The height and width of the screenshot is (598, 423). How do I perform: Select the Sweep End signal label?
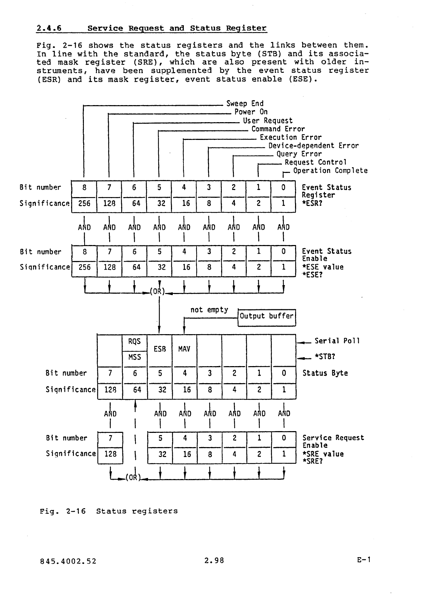(x=245, y=104)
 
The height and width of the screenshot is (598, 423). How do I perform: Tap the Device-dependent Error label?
(x=313, y=146)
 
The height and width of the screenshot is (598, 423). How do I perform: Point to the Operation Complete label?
(x=330, y=171)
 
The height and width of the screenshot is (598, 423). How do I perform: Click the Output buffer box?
(x=267, y=316)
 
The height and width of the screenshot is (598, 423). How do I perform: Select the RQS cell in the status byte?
(x=134, y=342)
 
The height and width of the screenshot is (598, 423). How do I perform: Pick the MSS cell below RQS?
(x=134, y=357)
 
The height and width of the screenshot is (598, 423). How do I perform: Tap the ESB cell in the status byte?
(x=160, y=349)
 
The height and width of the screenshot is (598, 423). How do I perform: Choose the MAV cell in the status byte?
(x=184, y=349)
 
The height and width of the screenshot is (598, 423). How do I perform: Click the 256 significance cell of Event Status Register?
(x=85, y=203)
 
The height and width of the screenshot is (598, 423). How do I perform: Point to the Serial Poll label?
(x=337, y=341)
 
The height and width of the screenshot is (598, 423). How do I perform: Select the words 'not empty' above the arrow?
(x=209, y=310)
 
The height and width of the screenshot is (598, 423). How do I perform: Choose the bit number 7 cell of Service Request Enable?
(x=110, y=439)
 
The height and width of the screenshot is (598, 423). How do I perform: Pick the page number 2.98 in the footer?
(x=214, y=560)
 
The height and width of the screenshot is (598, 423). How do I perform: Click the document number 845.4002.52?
(x=68, y=561)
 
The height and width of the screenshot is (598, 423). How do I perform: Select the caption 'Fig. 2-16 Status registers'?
(x=108, y=511)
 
